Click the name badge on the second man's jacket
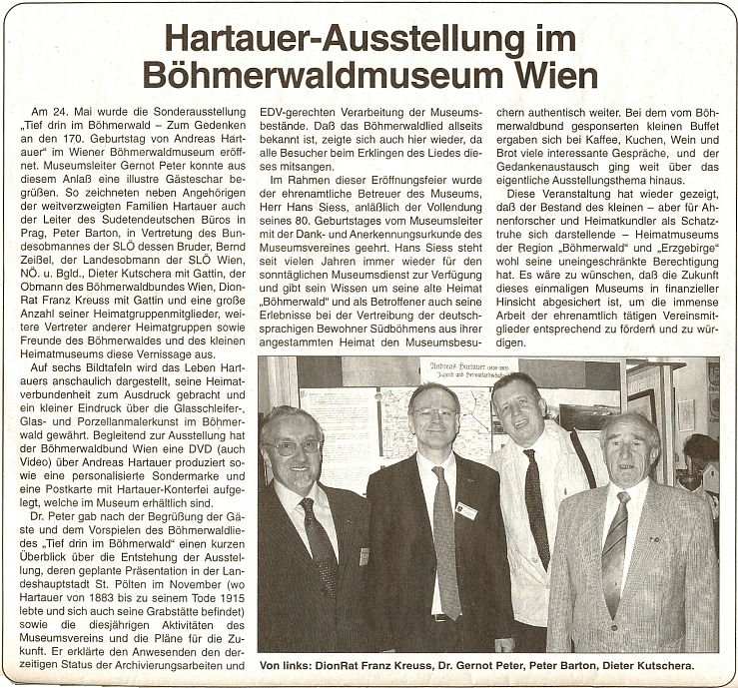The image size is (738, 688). pyautogui.click(x=466, y=510)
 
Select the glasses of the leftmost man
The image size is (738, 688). pyautogui.click(x=292, y=447)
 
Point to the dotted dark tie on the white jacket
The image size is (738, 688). pyautogui.click(x=537, y=509)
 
